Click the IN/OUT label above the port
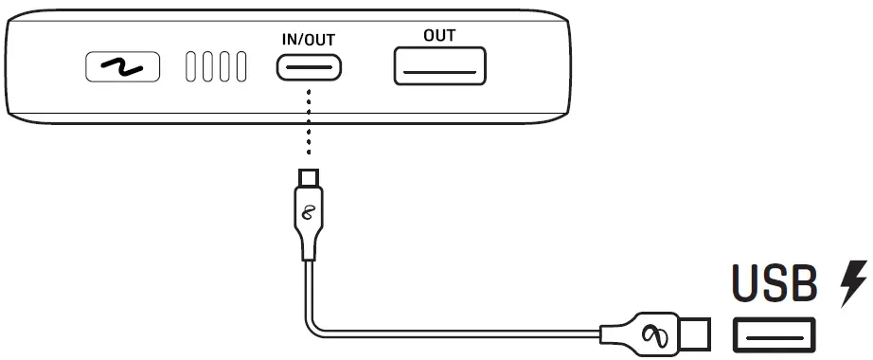[x=309, y=40]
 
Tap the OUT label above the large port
[x=439, y=35]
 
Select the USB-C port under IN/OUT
[x=309, y=68]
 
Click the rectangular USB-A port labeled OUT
[x=439, y=66]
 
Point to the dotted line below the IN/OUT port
[x=309, y=123]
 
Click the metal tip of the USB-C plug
[x=309, y=177]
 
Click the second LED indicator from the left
[x=207, y=68]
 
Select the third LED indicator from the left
[x=224, y=68]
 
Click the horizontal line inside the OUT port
[x=439, y=72]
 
